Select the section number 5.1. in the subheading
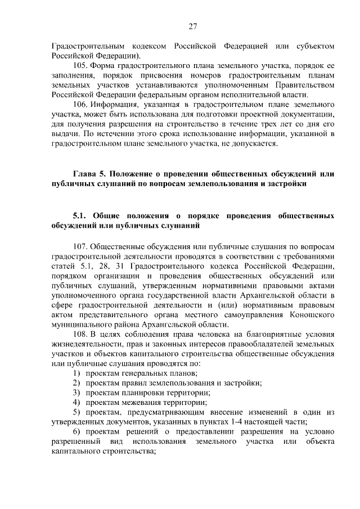point(81,215)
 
